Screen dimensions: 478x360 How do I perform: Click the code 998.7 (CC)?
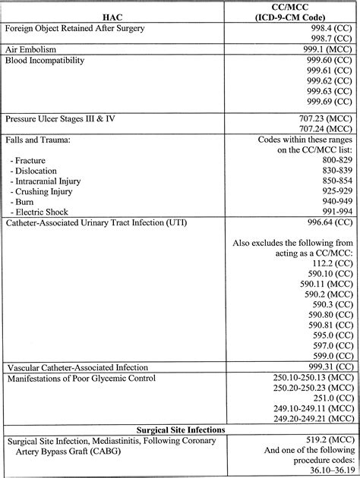[327, 38]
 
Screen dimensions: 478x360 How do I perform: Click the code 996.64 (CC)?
[327, 223]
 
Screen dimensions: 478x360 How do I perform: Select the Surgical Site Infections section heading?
[179, 429]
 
